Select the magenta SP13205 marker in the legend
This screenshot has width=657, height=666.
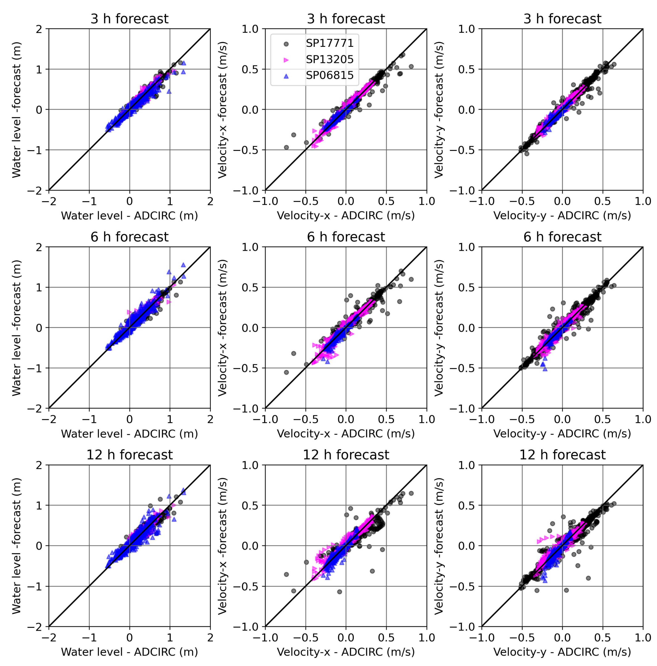286,60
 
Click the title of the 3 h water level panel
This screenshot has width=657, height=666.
130,19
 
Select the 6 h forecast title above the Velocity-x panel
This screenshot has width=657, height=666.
346,237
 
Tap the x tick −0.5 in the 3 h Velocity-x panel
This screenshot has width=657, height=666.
305,201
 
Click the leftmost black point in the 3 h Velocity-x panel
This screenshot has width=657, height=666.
286,147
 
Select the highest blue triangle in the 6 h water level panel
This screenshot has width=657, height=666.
183,265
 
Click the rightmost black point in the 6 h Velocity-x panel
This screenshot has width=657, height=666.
411,279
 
